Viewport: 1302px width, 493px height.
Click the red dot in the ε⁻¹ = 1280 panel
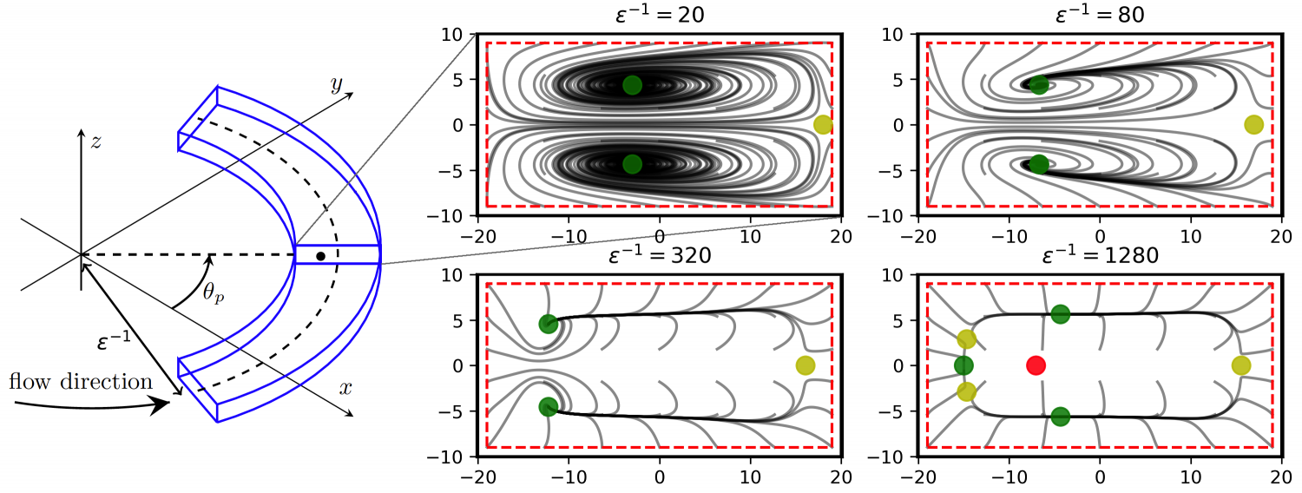1036,365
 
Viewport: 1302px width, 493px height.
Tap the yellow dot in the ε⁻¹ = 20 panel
823,125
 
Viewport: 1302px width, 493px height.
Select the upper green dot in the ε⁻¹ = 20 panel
632,85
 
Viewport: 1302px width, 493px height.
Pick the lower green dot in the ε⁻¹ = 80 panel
1039,164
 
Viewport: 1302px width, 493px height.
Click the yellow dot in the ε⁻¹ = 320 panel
805,365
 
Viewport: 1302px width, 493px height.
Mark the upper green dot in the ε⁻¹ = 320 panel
548,324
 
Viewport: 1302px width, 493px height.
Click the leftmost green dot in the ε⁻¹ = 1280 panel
963,365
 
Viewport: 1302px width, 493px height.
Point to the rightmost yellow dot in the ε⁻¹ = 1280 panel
1241,365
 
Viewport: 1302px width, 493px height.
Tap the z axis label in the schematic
95,141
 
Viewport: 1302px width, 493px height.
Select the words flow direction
80,381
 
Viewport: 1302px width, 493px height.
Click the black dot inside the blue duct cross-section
321,256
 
